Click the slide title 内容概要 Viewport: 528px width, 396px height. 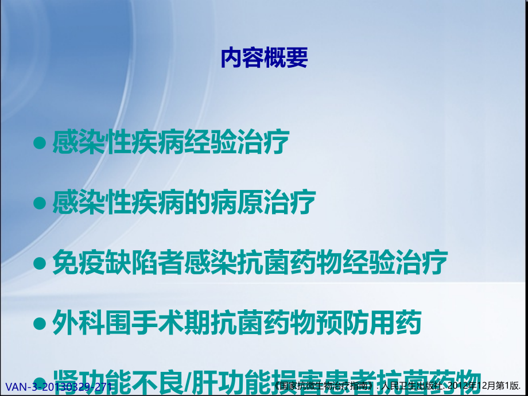(x=264, y=59)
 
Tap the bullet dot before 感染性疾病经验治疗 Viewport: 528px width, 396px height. (x=40, y=144)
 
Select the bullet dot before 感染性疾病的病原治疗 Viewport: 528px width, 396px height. (x=40, y=203)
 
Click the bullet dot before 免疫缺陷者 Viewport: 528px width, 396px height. (x=40, y=263)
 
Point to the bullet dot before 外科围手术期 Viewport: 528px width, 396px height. (x=40, y=324)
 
